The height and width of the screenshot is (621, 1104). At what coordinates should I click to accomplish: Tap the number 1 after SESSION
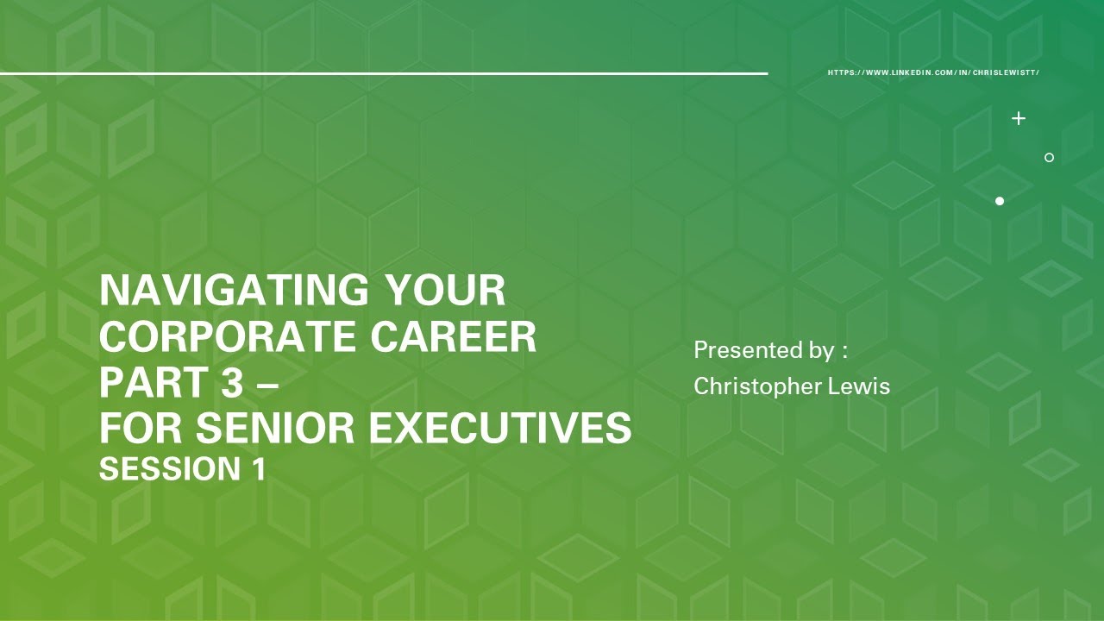tap(257, 470)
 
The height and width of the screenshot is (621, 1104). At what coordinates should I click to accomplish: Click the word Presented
tap(743, 350)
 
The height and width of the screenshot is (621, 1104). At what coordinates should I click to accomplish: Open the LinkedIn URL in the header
tap(933, 72)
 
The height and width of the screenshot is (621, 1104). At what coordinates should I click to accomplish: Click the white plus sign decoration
tap(1019, 118)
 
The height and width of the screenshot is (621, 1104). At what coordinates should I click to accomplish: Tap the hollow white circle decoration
tap(1049, 157)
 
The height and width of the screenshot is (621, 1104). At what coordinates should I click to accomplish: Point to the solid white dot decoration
tap(1000, 201)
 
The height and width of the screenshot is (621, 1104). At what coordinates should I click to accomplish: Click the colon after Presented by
tap(845, 352)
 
